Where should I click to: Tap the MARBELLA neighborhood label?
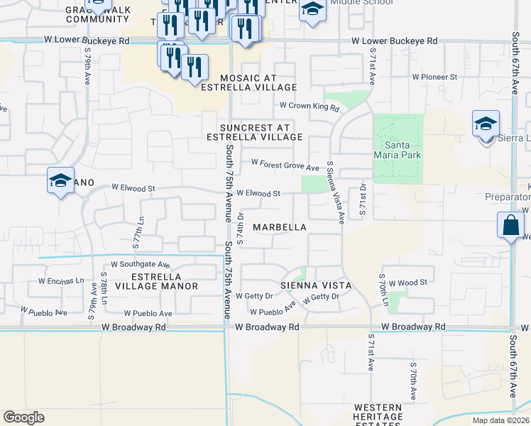pyautogui.click(x=280, y=228)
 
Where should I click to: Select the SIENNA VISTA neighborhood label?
pyautogui.click(x=316, y=285)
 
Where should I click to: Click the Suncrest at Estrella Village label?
pyautogui.click(x=256, y=132)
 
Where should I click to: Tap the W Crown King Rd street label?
pyautogui.click(x=310, y=106)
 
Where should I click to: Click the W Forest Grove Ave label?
pyautogui.click(x=285, y=168)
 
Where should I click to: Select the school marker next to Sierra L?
pyautogui.click(x=486, y=124)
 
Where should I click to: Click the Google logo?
pyautogui.click(x=23, y=417)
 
